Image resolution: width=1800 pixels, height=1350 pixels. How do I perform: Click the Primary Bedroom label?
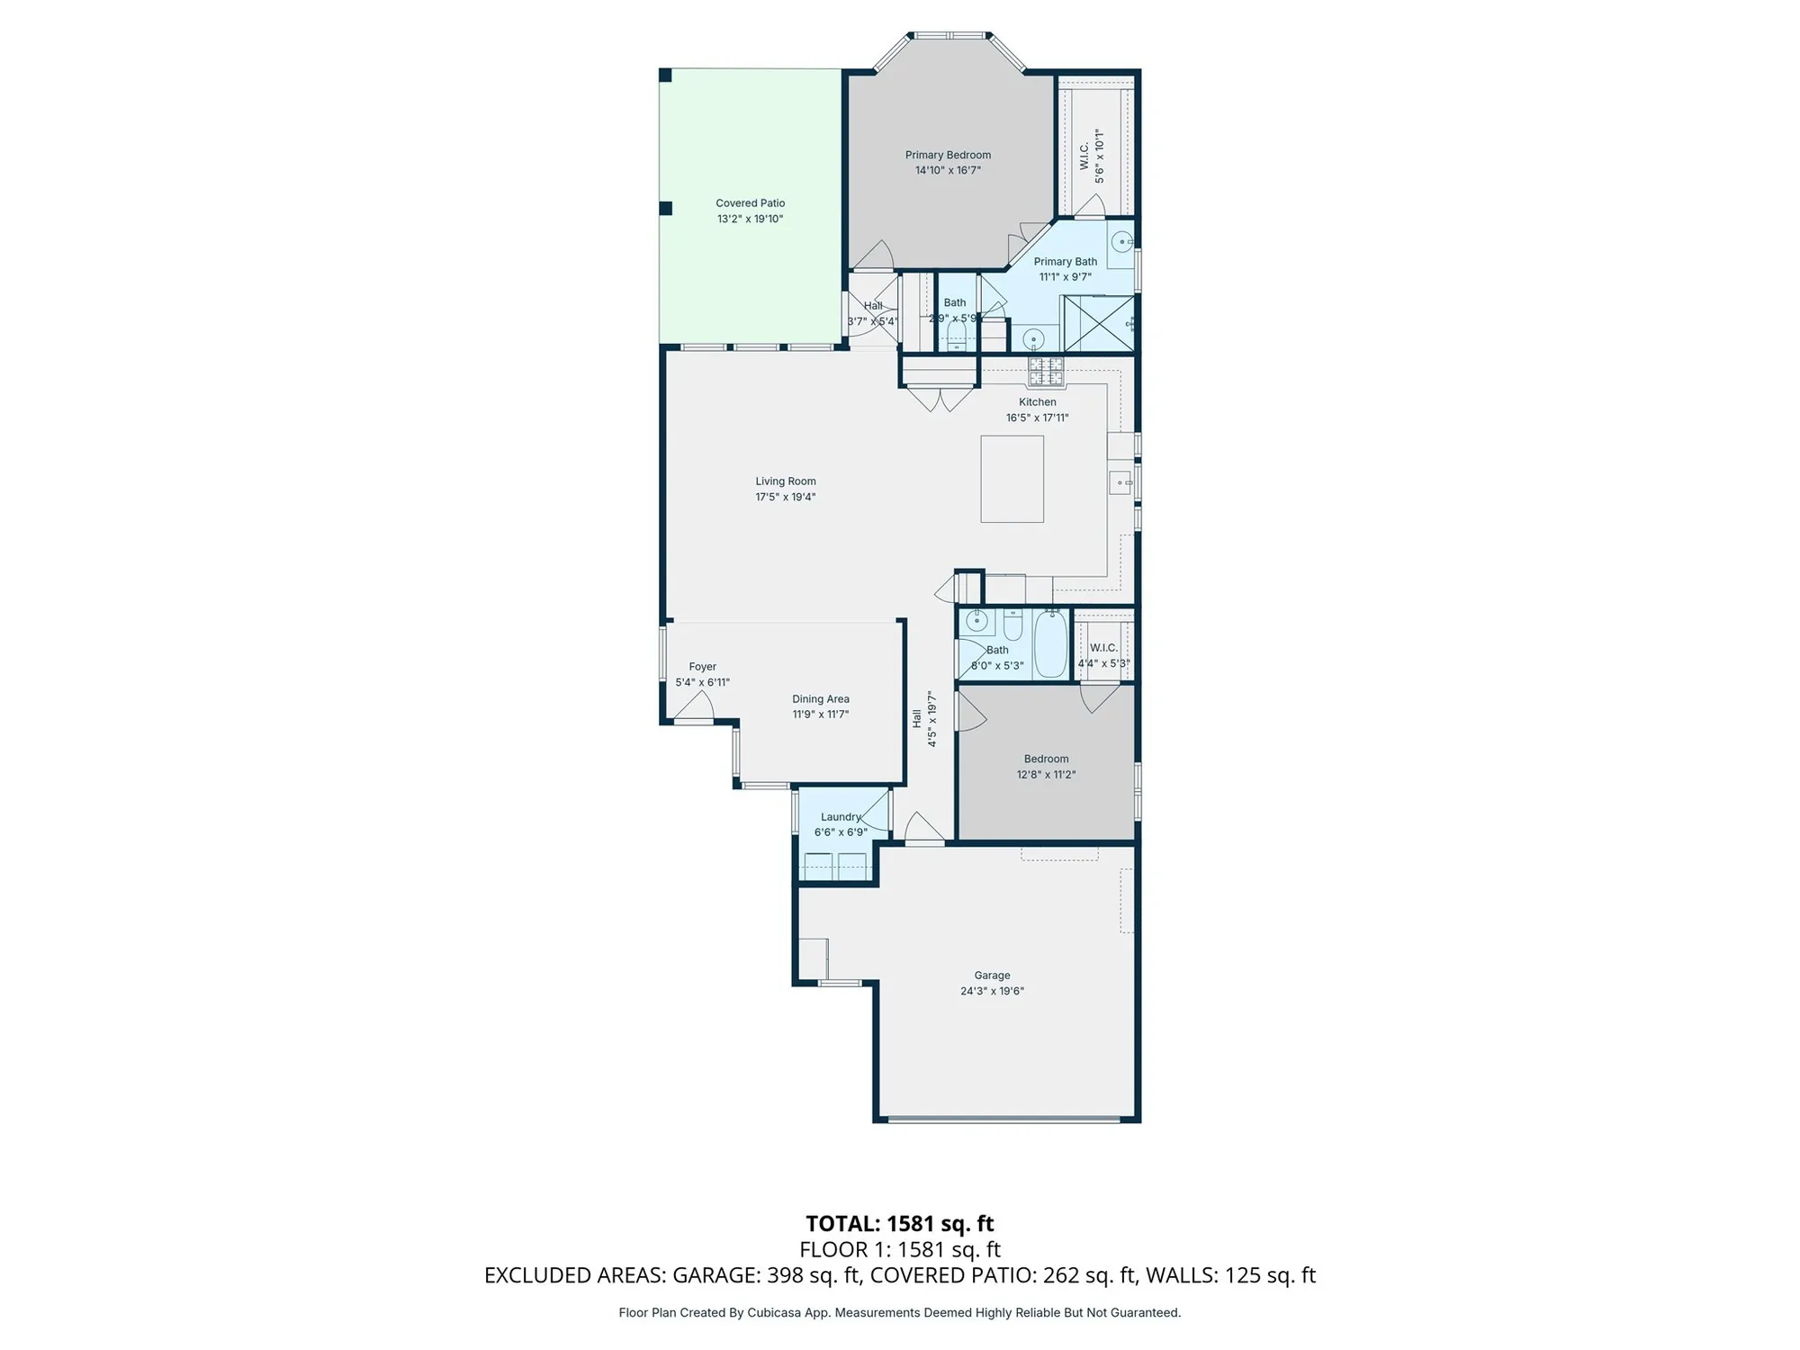click(948, 155)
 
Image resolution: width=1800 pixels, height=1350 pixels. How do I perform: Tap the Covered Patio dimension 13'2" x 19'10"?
click(750, 219)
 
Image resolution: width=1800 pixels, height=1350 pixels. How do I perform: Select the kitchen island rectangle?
click(1012, 479)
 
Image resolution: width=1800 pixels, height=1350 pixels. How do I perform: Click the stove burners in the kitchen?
click(1046, 368)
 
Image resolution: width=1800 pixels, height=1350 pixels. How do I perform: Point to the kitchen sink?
click(1120, 483)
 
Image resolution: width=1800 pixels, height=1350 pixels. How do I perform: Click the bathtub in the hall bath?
click(1050, 643)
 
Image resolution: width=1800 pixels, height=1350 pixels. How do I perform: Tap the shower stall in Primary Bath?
click(1098, 323)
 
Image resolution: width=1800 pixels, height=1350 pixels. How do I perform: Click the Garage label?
click(992, 975)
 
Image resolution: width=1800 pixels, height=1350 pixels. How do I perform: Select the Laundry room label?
click(841, 817)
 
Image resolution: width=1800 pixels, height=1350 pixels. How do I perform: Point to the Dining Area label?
click(820, 698)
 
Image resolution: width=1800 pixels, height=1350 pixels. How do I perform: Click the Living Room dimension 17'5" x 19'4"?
click(785, 497)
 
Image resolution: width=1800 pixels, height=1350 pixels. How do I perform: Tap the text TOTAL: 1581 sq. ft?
click(899, 1223)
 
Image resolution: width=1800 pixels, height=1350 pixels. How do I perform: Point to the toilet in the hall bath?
click(1012, 625)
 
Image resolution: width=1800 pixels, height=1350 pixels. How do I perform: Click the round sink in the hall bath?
click(977, 621)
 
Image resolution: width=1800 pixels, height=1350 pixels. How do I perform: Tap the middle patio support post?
click(666, 208)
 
